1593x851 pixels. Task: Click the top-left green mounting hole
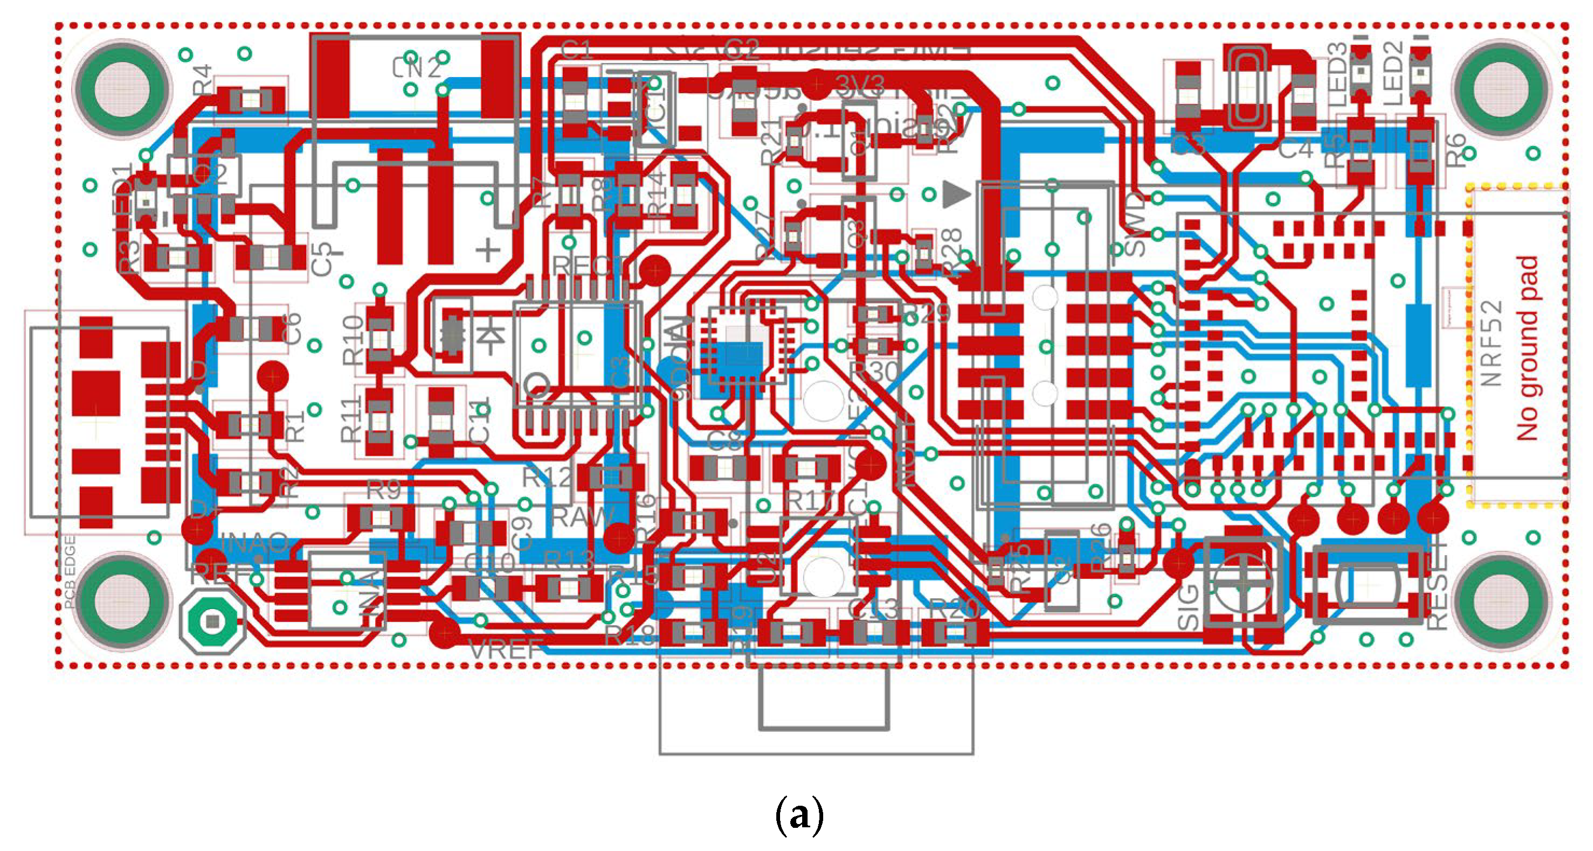tap(122, 88)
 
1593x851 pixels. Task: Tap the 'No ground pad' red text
tap(1526, 348)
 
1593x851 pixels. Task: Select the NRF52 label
tap(1492, 343)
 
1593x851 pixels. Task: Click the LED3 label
tap(1337, 74)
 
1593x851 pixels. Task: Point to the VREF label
tap(506, 650)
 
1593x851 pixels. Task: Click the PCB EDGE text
tap(70, 572)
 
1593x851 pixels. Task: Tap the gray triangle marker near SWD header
tap(955, 195)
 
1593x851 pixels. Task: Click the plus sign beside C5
tap(487, 251)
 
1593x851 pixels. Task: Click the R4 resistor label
tap(203, 79)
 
